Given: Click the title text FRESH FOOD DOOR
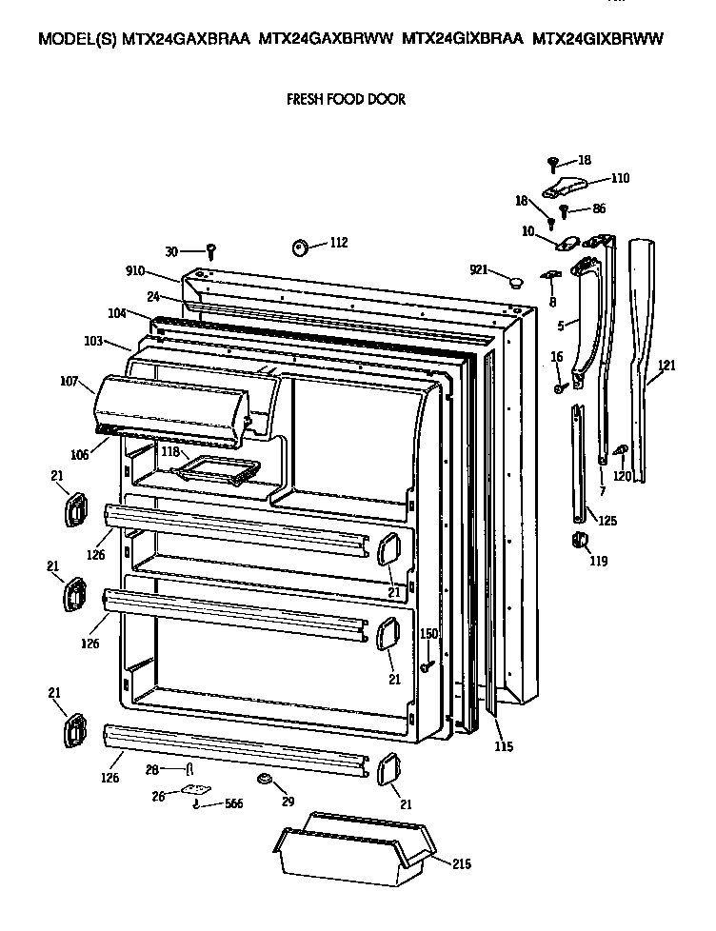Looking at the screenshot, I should click(x=346, y=99).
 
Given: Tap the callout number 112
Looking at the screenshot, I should click(x=338, y=243).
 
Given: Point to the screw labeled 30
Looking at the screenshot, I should click(x=212, y=250).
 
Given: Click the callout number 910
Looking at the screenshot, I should click(x=134, y=270).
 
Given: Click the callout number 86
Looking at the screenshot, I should click(x=598, y=208).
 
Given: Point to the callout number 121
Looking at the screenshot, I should click(x=666, y=366).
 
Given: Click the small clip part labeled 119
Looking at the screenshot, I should click(x=577, y=542).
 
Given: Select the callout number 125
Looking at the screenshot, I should click(x=607, y=521).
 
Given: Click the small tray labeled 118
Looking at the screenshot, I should click(x=221, y=467).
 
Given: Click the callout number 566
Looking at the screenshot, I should click(x=232, y=804).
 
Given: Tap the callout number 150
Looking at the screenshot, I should click(x=428, y=634).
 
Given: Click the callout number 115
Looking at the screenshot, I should click(x=503, y=746).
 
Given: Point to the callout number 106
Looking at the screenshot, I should click(x=78, y=455).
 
